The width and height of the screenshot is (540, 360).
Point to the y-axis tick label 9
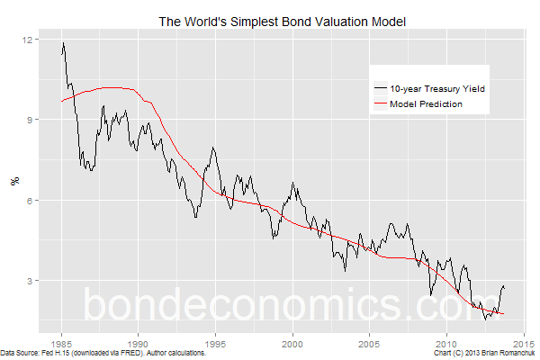click(x=31, y=120)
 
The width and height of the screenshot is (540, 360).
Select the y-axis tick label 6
click(x=31, y=200)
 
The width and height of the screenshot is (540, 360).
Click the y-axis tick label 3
click(x=31, y=280)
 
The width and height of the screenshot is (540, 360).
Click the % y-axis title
click(x=13, y=180)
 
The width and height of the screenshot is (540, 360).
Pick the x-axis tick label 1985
click(x=62, y=344)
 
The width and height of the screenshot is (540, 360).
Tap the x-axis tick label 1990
click(x=139, y=344)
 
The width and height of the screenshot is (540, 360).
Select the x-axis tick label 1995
click(x=216, y=344)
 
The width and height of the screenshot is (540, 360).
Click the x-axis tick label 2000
click(x=292, y=344)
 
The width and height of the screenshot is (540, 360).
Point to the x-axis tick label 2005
click(x=369, y=344)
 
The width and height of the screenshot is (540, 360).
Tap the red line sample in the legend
click(x=380, y=103)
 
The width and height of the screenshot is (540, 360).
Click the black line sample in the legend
click(x=380, y=88)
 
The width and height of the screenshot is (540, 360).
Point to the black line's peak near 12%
click(x=63, y=42)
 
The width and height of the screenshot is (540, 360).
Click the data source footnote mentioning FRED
click(x=103, y=355)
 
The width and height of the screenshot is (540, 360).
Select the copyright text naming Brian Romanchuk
click(x=483, y=355)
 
